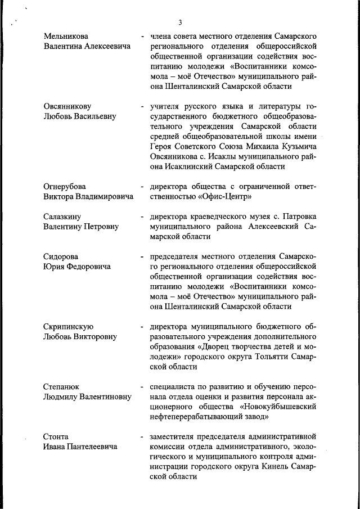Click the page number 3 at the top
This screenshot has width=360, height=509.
(x=180, y=22)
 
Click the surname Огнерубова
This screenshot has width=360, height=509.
(x=66, y=186)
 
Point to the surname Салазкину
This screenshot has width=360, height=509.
(x=64, y=217)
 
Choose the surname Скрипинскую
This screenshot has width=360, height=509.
(x=68, y=327)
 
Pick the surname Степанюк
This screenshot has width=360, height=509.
(x=62, y=387)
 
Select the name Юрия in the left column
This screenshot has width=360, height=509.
(x=55, y=267)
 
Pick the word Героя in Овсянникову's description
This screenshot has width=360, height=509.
(x=163, y=146)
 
